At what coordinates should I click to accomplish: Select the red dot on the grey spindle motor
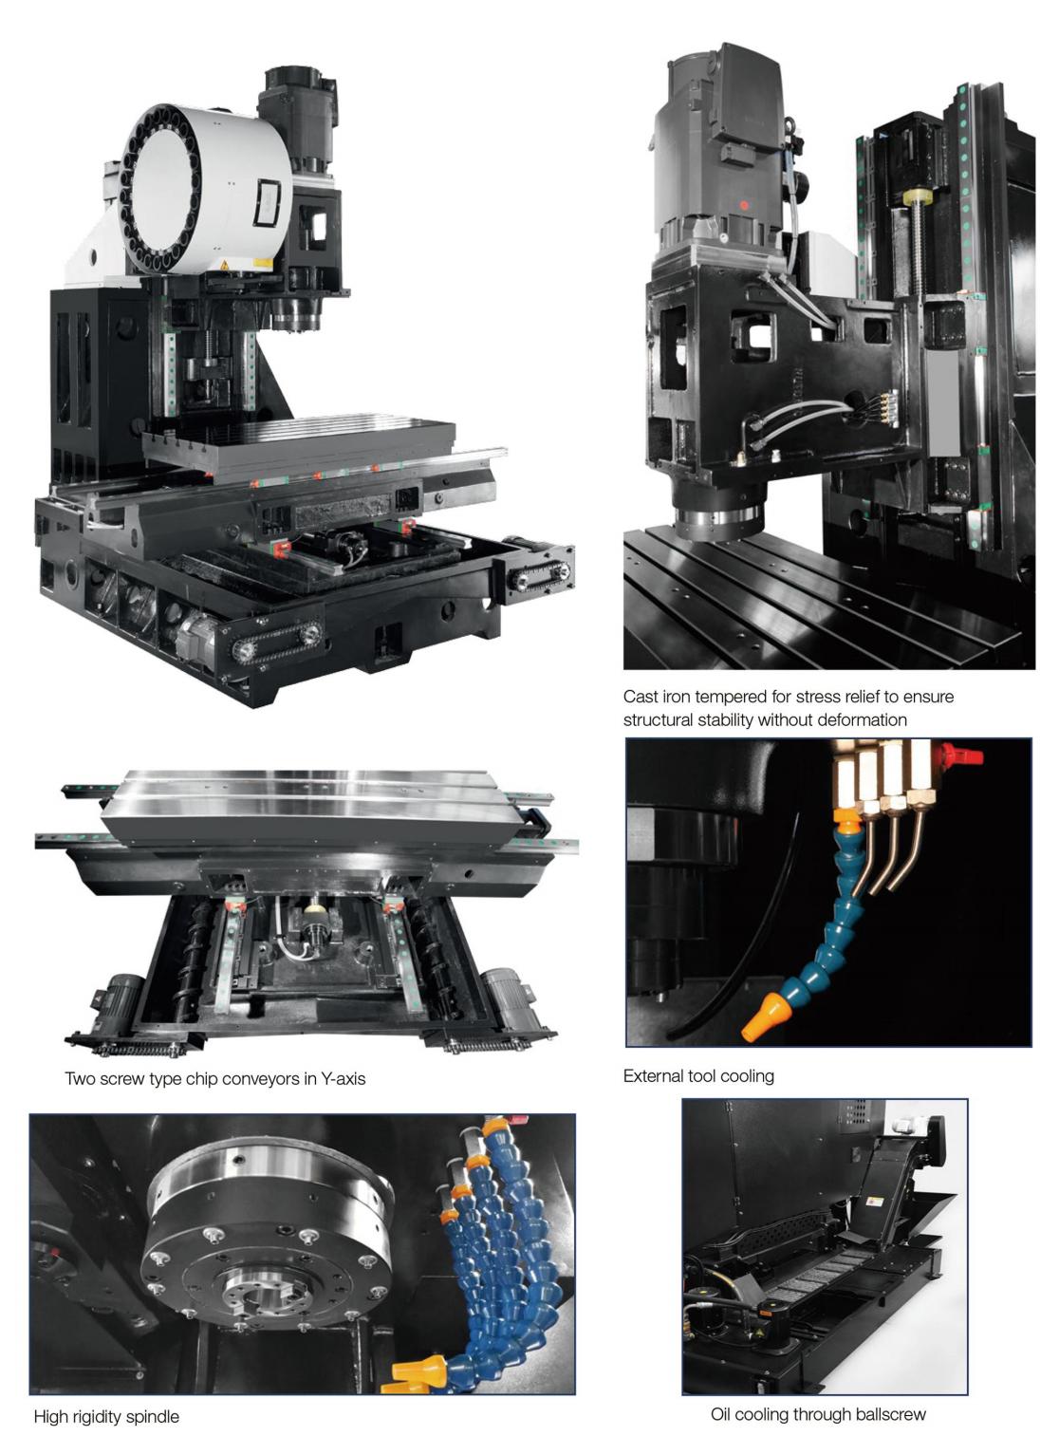(744, 205)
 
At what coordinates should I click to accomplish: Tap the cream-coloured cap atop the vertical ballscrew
(919, 197)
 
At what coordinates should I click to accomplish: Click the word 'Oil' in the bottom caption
(722, 1414)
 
